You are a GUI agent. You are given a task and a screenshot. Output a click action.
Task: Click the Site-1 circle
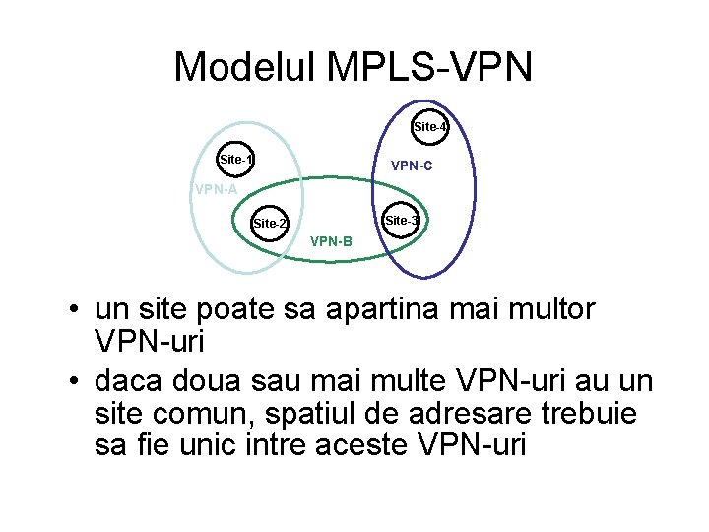pos(236,159)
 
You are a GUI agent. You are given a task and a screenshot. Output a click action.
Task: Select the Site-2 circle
pos(270,224)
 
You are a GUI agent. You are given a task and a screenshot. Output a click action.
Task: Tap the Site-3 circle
pos(401,221)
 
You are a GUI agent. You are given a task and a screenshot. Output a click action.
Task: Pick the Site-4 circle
pos(430,127)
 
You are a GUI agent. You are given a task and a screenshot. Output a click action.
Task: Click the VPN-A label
pos(217,190)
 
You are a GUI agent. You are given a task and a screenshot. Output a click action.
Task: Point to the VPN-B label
pos(331,240)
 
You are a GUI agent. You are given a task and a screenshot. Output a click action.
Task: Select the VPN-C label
pos(412,166)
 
